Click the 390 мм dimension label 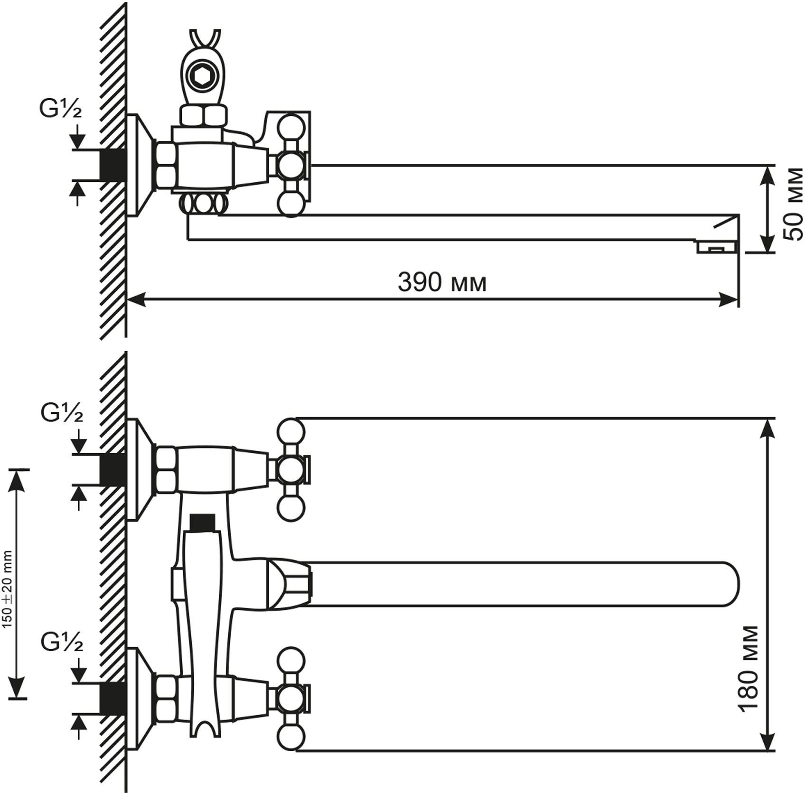tap(442, 283)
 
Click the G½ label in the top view tap(60, 110)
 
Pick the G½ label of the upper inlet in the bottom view tap(62, 413)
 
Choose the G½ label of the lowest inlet tap(62, 643)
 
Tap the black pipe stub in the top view tap(113, 165)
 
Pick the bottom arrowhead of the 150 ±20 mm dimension tap(18, 689)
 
